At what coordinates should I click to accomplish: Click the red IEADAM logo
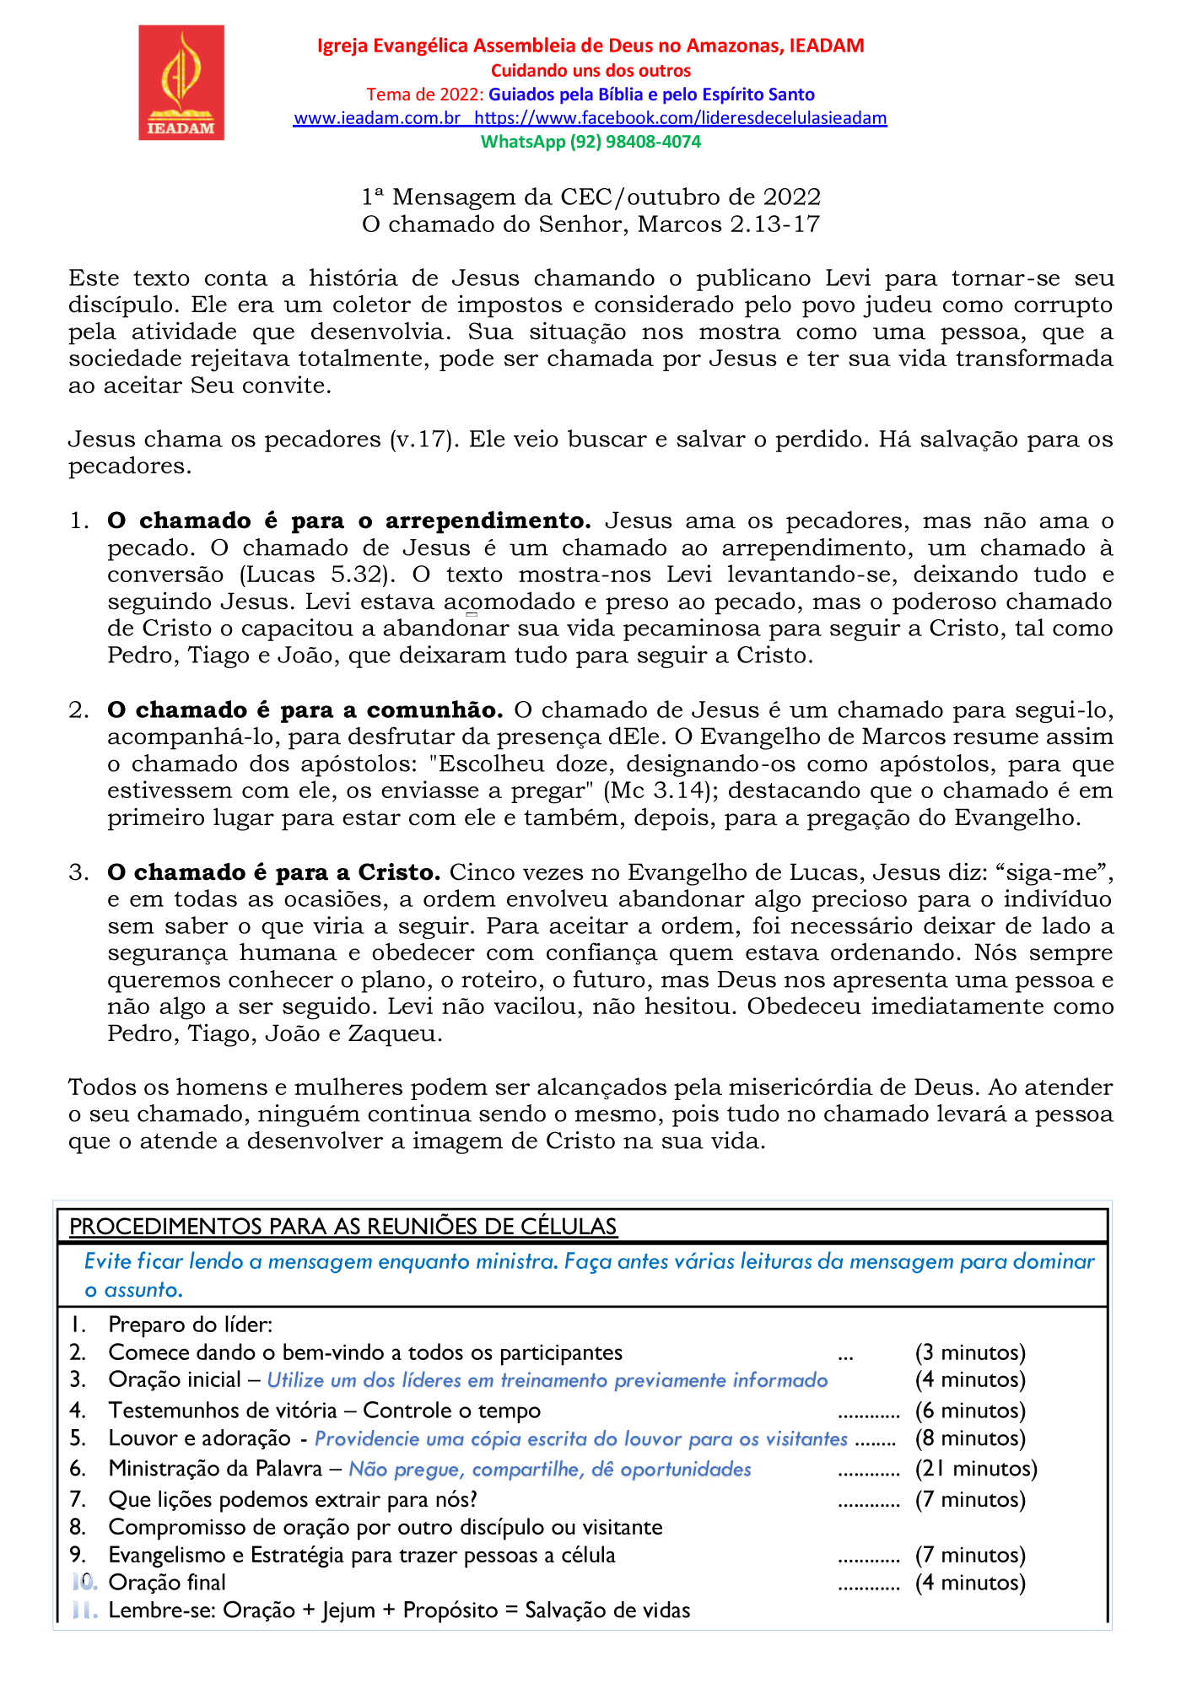pos(181,82)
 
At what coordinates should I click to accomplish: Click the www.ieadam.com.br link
pos(376,118)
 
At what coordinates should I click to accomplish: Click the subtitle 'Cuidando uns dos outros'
pos(590,71)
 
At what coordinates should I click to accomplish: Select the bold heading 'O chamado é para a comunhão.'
pos(305,710)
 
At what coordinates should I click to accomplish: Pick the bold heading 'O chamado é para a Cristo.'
pos(274,872)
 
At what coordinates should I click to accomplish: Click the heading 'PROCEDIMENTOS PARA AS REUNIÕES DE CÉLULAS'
pos(343,1227)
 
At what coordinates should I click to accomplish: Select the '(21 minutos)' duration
pos(976,1469)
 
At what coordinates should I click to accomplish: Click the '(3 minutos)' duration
pos(970,1353)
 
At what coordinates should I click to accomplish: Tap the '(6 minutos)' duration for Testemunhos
pos(970,1411)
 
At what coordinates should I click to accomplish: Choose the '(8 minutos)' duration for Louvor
pos(970,1438)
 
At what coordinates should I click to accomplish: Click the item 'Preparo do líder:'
pos(191,1325)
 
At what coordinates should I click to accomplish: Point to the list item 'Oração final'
pos(167,1583)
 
